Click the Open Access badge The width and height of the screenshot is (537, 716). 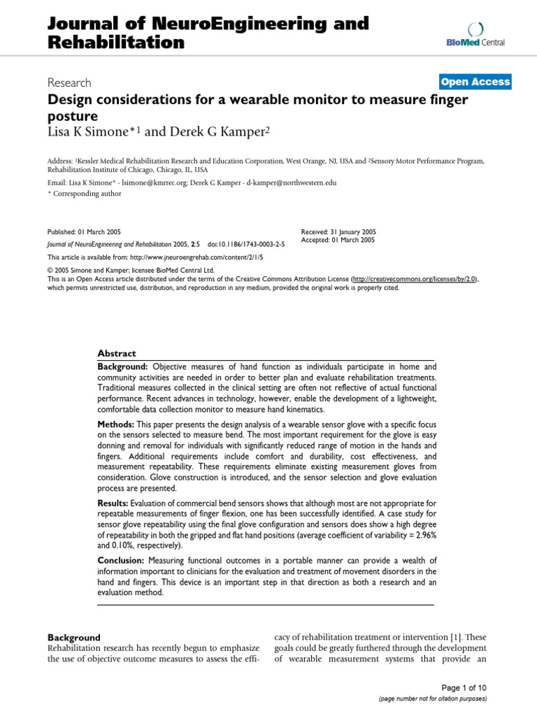(475, 82)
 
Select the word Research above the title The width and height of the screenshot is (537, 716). (71, 82)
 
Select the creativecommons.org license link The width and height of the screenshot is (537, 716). (415, 278)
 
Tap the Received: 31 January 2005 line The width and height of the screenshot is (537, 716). (338, 231)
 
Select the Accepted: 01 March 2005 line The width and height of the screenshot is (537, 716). (338, 240)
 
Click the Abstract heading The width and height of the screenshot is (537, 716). (116, 353)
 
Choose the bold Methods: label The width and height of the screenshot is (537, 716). (115, 424)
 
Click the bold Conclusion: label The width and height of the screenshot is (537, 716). (120, 560)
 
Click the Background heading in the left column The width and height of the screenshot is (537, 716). (73, 637)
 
